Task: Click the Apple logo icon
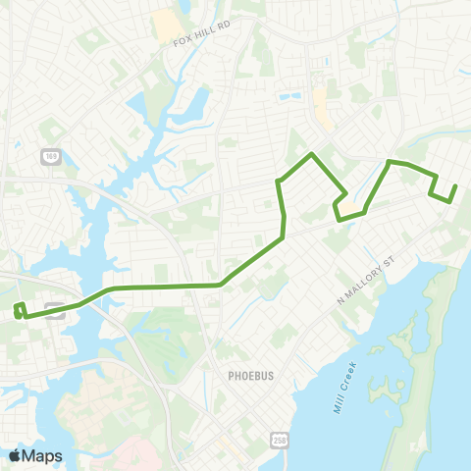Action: click(15, 455)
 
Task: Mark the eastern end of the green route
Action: click(455, 186)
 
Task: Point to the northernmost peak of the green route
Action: click(312, 154)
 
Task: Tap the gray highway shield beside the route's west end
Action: click(54, 305)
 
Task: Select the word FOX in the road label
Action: click(181, 43)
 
